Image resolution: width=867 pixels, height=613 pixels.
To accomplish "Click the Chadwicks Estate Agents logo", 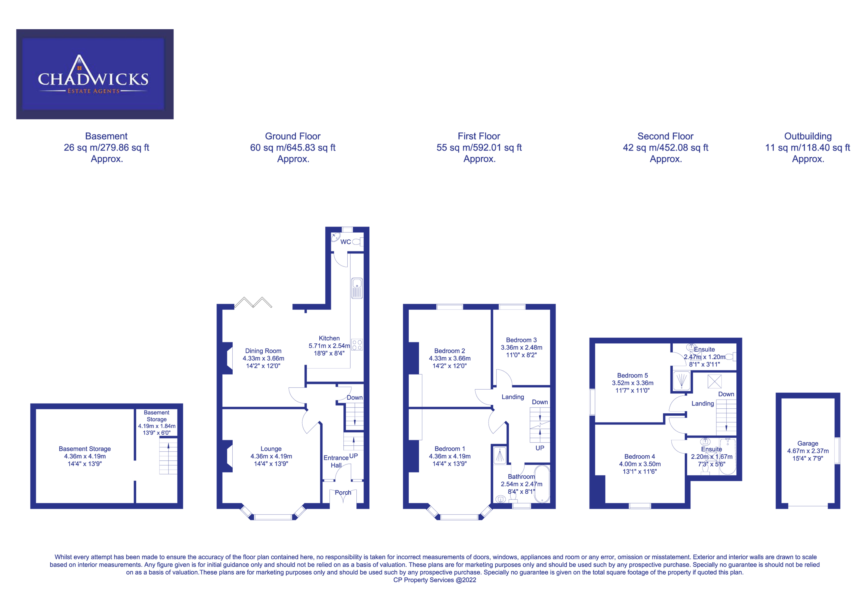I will click(x=95, y=74).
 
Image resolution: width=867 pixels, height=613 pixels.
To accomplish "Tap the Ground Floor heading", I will click(x=293, y=136).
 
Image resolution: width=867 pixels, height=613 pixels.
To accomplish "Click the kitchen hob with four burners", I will click(x=357, y=345).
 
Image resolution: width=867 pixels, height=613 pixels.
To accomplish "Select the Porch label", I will click(x=343, y=492).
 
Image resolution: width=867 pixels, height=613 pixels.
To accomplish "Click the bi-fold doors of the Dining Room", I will click(x=253, y=303).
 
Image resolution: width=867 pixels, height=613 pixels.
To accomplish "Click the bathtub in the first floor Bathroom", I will click(x=542, y=484).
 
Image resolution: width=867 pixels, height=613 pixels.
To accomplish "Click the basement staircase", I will click(x=168, y=455).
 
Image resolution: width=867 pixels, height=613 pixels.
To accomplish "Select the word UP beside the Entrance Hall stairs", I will click(x=353, y=456).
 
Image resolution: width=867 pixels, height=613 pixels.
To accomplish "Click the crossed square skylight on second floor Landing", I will click(x=714, y=381).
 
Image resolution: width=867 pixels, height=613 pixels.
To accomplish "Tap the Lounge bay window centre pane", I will click(x=273, y=517).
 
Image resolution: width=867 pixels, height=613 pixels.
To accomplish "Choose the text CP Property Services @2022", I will click(x=435, y=580).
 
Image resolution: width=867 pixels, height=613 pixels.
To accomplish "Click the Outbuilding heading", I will click(x=808, y=136).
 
